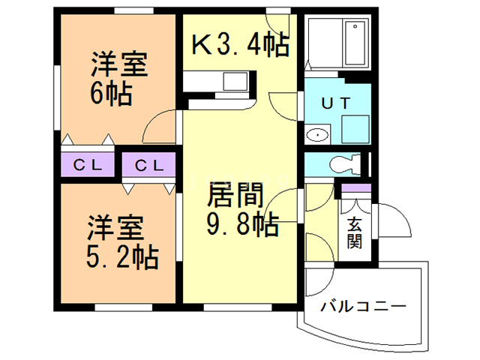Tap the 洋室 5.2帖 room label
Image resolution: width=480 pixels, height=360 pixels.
tap(118, 241)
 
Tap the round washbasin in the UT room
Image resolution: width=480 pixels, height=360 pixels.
tap(318, 136)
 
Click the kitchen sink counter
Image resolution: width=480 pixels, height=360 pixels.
tap(217, 80)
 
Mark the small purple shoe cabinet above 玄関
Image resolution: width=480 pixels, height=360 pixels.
tap(355, 187)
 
